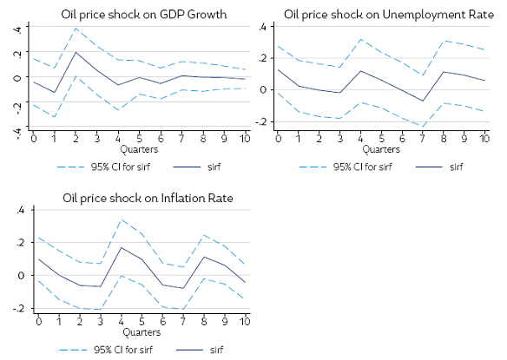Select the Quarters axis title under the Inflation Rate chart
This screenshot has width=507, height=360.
[x=141, y=331]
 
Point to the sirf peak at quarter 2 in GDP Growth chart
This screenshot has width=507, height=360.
[x=76, y=52]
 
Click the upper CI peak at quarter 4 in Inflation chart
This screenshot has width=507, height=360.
[x=121, y=219]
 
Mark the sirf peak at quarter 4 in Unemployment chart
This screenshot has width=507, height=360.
[x=359, y=70]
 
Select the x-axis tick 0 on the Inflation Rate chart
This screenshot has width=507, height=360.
[x=37, y=321]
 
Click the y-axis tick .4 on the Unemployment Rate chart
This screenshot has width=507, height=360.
[x=261, y=27]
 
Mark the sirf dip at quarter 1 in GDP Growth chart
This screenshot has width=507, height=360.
[x=55, y=92]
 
